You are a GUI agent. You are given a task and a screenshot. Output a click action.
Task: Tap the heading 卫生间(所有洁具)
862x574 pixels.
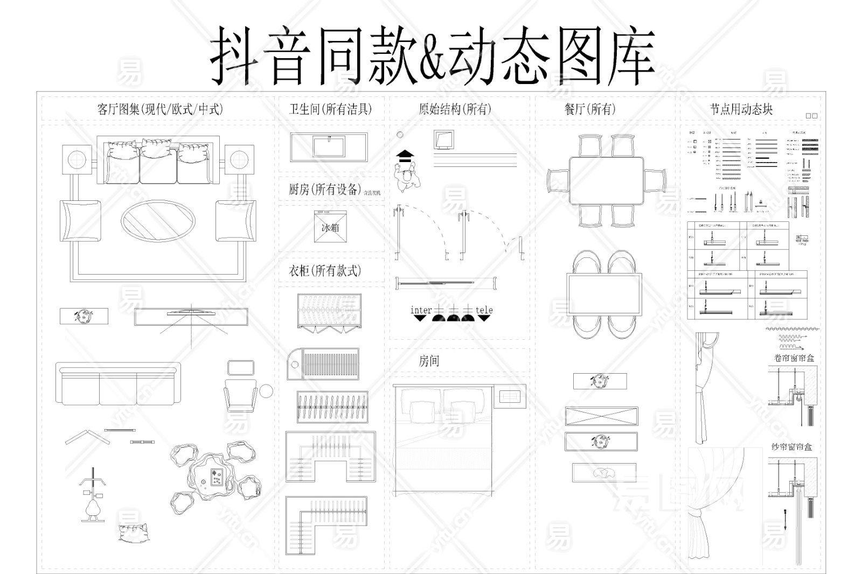pos(330,109)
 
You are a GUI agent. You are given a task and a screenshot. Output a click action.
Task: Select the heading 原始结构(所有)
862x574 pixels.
pos(455,109)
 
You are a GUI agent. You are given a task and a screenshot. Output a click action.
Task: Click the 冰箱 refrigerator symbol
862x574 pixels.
pos(330,227)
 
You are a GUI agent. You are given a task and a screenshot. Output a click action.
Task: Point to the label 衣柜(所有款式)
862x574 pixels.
pos(325,270)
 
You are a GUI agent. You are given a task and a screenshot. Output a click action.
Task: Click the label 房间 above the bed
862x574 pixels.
pos(429,361)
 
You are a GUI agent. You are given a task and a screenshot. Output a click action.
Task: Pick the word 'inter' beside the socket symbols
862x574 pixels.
pos(421,310)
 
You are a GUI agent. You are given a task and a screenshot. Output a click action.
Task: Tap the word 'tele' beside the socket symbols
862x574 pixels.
pos(484,310)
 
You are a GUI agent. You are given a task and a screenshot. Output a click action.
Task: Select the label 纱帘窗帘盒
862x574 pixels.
pos(791,447)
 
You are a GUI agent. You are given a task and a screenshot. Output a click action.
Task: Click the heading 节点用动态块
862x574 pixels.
pos(741,109)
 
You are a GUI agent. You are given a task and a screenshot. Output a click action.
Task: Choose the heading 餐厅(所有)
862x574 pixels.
pos(589,109)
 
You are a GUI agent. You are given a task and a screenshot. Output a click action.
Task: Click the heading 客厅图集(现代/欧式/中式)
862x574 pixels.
pos(160,109)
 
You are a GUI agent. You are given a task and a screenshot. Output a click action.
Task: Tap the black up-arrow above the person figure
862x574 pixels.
pos(405,156)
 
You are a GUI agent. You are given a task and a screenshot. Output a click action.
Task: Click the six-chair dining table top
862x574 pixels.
pos(606,180)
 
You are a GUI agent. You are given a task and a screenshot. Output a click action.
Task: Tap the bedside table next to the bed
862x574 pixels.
pos(509,396)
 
